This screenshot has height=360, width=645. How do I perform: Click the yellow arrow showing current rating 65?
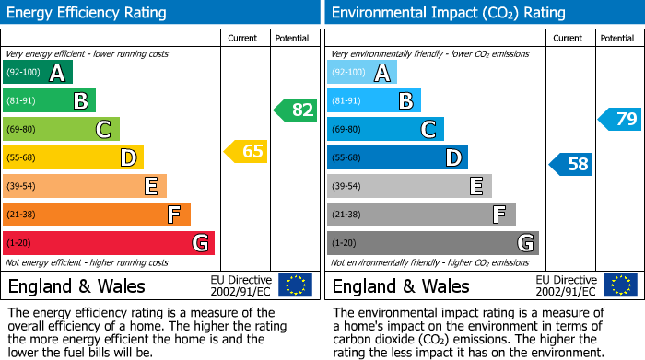click(246, 151)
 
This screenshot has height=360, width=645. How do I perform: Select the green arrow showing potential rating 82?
click(295, 110)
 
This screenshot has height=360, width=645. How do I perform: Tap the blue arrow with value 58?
click(571, 165)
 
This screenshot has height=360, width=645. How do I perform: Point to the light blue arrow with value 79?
click(620, 119)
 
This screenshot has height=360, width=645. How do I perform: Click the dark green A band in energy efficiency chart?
click(38, 73)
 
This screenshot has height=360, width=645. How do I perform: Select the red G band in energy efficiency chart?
click(109, 243)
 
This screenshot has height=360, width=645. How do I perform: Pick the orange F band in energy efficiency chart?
click(97, 215)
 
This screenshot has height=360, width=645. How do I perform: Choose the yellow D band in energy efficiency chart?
click(73, 157)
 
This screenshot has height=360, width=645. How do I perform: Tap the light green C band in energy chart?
click(61, 129)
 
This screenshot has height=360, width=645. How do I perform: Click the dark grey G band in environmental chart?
click(432, 243)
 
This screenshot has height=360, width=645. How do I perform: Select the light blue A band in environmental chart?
click(362, 73)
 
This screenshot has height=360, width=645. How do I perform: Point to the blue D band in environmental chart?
click(397, 157)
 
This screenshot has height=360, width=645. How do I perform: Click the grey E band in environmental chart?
click(409, 186)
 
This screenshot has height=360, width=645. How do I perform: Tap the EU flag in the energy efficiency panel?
click(295, 285)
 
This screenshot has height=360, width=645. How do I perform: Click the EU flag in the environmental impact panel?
click(620, 285)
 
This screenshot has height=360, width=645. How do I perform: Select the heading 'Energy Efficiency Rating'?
click(88, 13)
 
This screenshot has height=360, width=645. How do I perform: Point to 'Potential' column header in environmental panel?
click(617, 38)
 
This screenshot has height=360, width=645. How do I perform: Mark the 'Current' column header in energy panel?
click(243, 38)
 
